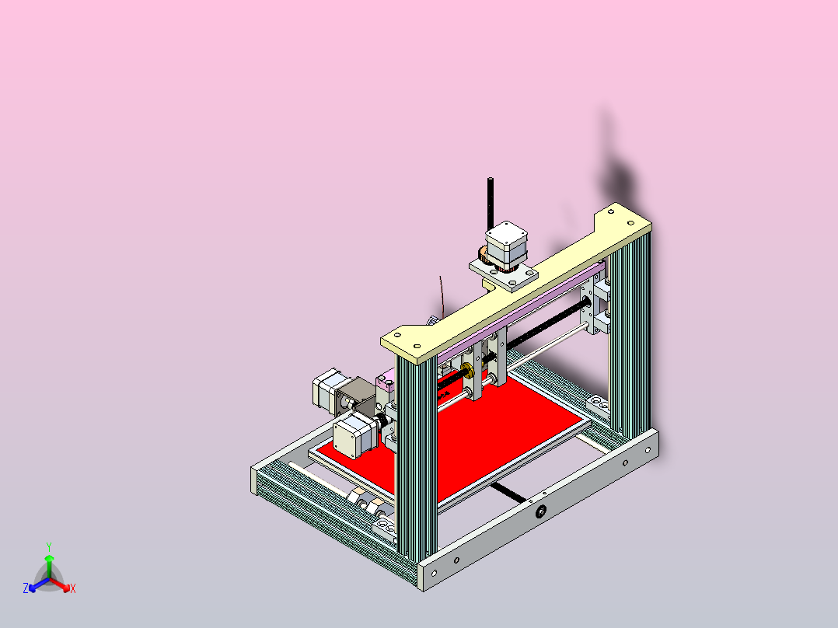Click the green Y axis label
coord(48,546)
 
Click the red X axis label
coord(72,589)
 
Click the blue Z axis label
coord(25,589)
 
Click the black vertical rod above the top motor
coord(491,202)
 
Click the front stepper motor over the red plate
coord(355,435)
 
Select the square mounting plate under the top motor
coord(505,275)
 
